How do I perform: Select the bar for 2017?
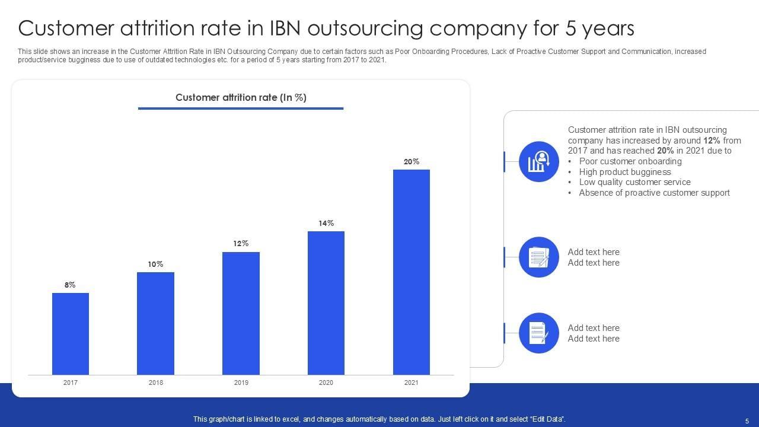pos(71,334)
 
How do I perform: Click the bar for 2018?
pos(155,323)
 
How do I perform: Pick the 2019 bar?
pos(241,313)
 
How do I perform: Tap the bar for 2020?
pos(326,303)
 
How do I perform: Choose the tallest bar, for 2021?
pos(412,272)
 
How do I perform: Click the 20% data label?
pos(412,161)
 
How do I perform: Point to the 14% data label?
pos(326,224)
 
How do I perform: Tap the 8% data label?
pos(71,285)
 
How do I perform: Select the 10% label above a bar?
pos(155,265)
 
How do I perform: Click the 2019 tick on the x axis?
pos(241,383)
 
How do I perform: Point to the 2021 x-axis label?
pos(412,383)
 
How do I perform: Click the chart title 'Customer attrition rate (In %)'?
pos(241,98)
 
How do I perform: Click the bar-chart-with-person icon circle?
pos(539,162)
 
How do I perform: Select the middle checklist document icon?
pos(539,257)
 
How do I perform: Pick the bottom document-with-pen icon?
pos(539,333)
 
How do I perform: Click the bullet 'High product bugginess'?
pos(625,172)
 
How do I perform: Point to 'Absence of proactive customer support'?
pos(654,193)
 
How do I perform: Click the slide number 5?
pos(747,420)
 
